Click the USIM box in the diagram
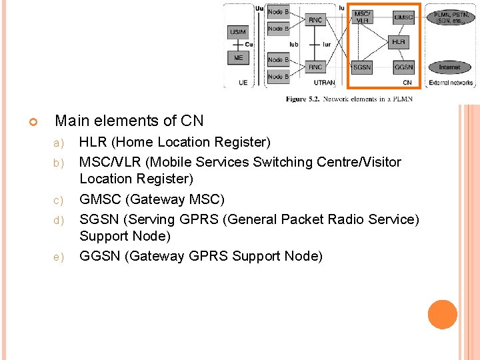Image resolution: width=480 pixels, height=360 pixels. [237, 32]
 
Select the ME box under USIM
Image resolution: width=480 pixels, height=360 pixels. [237, 58]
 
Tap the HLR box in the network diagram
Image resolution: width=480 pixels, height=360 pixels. [398, 42]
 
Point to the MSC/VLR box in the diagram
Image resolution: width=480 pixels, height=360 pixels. [362, 17]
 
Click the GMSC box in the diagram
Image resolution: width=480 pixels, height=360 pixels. [403, 17]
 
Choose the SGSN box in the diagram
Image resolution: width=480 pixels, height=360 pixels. [362, 67]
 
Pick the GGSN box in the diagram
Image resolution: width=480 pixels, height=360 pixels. [403, 67]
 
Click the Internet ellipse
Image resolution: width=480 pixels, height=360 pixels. [450, 67]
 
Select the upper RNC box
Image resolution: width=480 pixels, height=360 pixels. [315, 20]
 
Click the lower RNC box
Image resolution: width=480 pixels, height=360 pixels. [315, 67]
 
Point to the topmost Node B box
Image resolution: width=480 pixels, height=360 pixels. [278, 11]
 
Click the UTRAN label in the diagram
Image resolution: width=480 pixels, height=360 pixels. [325, 83]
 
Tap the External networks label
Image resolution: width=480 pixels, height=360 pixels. [451, 83]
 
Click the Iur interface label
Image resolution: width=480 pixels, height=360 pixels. [327, 45]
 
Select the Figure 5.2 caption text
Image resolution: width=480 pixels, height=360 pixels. [349, 99]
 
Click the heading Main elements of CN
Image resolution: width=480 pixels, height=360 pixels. [129, 121]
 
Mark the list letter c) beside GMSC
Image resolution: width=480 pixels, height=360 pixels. [58, 200]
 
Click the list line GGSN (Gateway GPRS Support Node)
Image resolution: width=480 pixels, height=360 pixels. [201, 256]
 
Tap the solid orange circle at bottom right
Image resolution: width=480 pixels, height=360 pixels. [443, 315]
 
